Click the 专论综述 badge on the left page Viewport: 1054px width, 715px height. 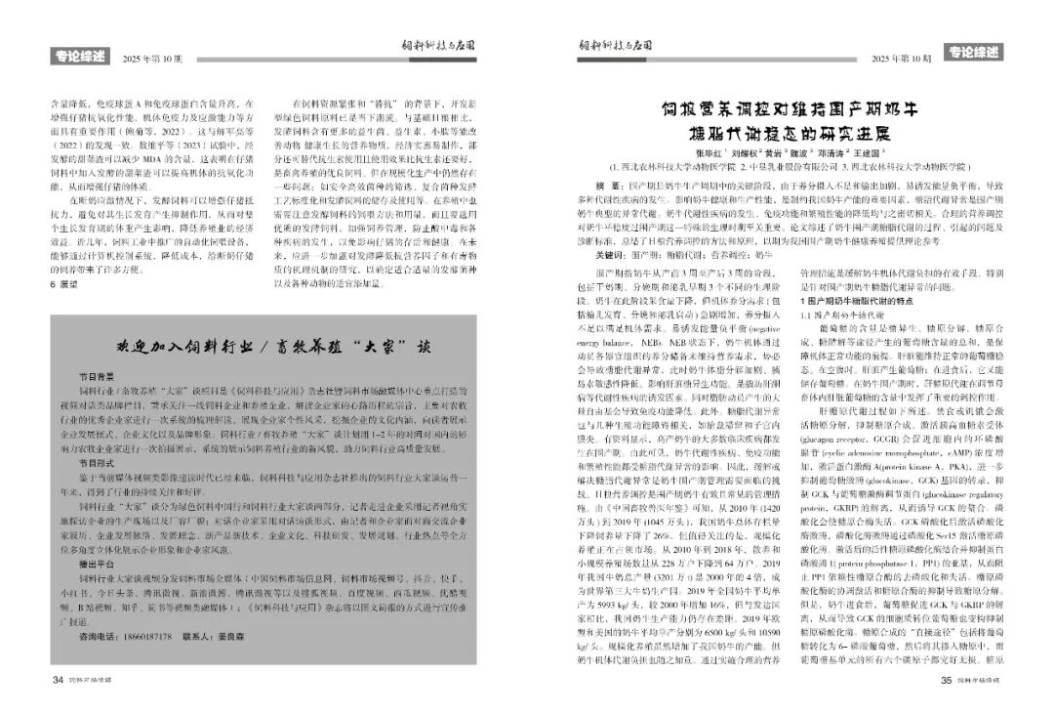(79, 58)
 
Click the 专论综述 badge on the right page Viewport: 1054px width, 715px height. (974, 52)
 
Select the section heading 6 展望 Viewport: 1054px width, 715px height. (63, 283)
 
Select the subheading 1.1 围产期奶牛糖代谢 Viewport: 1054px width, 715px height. (840, 315)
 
